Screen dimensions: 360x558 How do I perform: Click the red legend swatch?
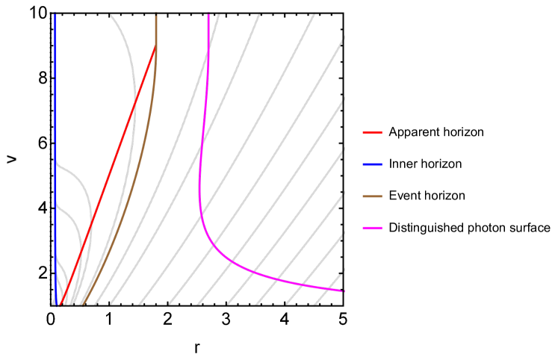click(372, 132)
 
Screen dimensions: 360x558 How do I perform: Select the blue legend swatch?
click(372, 164)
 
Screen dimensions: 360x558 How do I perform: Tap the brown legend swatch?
click(372, 196)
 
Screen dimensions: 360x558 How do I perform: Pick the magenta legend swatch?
click(372, 228)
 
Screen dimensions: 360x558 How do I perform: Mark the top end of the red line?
click(155, 47)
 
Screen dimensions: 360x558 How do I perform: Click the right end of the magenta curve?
click(342, 291)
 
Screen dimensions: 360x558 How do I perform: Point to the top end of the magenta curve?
click(208, 15)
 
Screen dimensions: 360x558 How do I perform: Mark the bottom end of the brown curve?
click(82, 305)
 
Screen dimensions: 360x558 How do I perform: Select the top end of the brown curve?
click(155, 15)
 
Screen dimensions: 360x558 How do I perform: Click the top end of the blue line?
click(55, 15)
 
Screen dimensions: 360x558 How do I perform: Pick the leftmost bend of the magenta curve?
click(199, 194)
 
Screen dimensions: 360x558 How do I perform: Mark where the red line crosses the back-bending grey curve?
click(134, 104)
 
